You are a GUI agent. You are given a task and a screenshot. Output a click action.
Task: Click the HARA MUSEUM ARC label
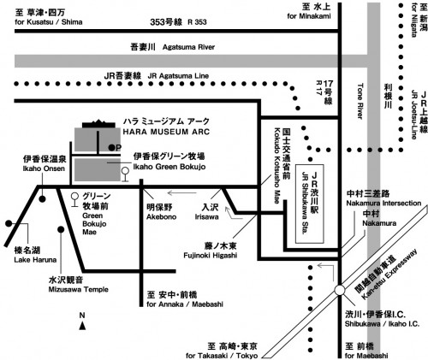click(166, 132)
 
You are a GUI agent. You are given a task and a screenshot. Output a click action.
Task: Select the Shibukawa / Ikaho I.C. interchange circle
click(340, 291)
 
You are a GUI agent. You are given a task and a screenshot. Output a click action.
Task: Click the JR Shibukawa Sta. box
click(310, 204)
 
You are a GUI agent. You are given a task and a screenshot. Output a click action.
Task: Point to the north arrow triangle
click(82, 326)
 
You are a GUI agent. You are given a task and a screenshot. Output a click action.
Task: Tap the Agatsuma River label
click(188, 47)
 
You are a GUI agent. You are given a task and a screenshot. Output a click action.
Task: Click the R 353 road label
click(197, 22)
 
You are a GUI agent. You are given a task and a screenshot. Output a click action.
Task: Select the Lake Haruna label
click(35, 260)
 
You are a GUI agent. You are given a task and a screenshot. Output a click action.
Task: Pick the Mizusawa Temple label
click(79, 290)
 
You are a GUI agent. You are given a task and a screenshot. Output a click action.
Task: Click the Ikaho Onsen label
click(44, 168)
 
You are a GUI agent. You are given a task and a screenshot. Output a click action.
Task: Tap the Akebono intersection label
click(162, 217)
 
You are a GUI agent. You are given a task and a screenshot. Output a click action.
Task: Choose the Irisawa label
click(207, 217)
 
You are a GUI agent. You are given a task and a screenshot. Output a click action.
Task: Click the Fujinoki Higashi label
click(211, 256)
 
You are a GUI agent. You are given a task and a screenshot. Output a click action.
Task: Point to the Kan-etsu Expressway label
click(389, 274)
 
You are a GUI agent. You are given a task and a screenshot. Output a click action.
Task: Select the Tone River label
click(360, 101)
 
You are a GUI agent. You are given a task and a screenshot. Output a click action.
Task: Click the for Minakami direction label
click(309, 16)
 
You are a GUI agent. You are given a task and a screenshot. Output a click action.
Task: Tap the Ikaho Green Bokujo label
click(169, 167)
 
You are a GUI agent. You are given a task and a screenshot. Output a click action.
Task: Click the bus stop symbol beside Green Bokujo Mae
click(74, 199)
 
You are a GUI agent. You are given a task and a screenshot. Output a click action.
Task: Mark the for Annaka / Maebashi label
click(185, 304)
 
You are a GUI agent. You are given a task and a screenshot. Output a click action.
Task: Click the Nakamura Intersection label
click(383, 204)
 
